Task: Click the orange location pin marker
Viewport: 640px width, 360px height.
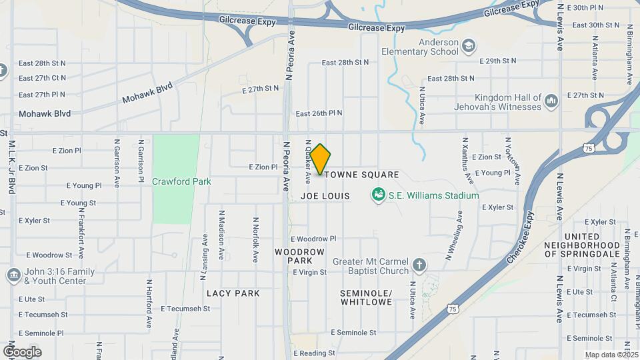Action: click(x=320, y=159)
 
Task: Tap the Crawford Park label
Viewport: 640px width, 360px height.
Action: click(x=181, y=181)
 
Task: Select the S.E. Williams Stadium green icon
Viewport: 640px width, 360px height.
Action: click(x=379, y=195)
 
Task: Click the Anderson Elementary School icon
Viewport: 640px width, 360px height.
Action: click(x=469, y=45)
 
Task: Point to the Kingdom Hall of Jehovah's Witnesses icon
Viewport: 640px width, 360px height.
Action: click(x=551, y=101)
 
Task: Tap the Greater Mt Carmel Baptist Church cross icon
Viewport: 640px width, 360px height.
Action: click(x=419, y=265)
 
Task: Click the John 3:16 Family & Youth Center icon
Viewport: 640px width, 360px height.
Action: click(x=13, y=275)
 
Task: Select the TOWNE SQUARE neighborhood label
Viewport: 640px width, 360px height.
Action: click(x=362, y=175)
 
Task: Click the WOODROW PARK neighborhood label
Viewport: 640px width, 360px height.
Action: click(x=300, y=256)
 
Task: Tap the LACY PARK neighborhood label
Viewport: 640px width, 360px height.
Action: click(x=233, y=293)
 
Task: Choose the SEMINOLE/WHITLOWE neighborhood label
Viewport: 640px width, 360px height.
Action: click(x=367, y=297)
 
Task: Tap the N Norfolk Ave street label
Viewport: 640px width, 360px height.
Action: click(x=255, y=239)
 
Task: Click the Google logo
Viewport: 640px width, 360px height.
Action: click(x=22, y=352)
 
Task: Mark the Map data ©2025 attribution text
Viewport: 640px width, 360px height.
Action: click(x=611, y=355)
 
